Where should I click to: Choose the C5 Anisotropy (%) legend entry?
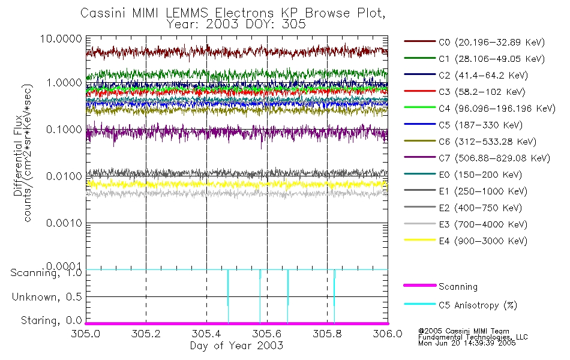[478, 305]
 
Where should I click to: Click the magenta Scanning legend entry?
[458, 287]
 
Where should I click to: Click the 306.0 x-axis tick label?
[387, 334]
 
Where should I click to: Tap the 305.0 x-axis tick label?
[86, 334]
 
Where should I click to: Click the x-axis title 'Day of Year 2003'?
[236, 346]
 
